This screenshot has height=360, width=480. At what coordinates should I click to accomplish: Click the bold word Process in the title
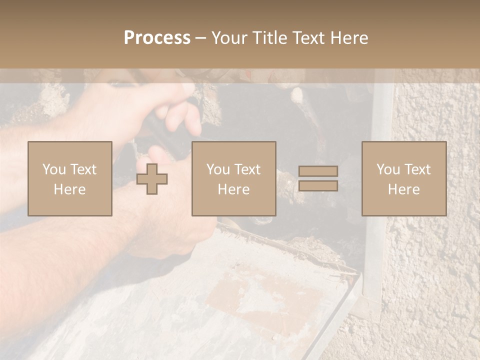coord(157,38)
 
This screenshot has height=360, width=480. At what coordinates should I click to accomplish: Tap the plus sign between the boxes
coord(152,179)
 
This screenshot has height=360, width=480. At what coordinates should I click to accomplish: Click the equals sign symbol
coord(318,178)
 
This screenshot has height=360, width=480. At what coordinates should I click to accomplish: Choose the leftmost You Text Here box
coord(70,178)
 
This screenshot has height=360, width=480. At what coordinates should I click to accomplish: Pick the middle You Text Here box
coord(233,178)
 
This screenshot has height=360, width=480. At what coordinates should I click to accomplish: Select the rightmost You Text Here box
coord(404,178)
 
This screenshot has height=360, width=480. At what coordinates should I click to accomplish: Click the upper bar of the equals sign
coord(318,171)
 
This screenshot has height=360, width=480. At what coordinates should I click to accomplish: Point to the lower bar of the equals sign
coord(318,186)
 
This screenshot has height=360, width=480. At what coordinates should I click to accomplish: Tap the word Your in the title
coord(229,38)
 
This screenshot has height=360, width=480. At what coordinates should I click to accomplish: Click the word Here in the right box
coord(404,189)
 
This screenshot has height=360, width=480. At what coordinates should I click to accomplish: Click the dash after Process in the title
coord(200,38)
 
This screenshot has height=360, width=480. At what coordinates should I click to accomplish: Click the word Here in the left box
coord(70,189)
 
